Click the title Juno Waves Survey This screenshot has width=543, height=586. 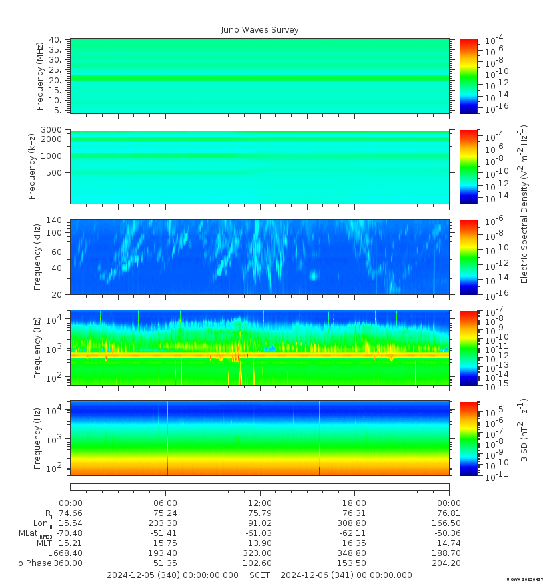(x=260, y=30)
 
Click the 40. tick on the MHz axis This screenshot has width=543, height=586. (x=55, y=40)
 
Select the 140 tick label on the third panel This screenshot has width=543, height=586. (x=54, y=220)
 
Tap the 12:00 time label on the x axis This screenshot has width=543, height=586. (x=259, y=503)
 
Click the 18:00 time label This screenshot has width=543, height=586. (x=354, y=503)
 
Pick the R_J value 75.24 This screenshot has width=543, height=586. (x=165, y=513)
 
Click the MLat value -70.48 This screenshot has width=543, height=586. (x=70, y=533)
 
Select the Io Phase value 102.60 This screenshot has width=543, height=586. (x=259, y=563)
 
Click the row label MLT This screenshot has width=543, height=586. (x=45, y=543)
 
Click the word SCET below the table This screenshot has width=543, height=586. (x=259, y=575)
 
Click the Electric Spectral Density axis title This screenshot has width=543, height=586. (x=524, y=204)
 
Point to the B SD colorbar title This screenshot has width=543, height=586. (x=524, y=431)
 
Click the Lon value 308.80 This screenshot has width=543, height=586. (x=354, y=523)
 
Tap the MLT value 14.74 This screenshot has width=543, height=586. (x=448, y=543)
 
